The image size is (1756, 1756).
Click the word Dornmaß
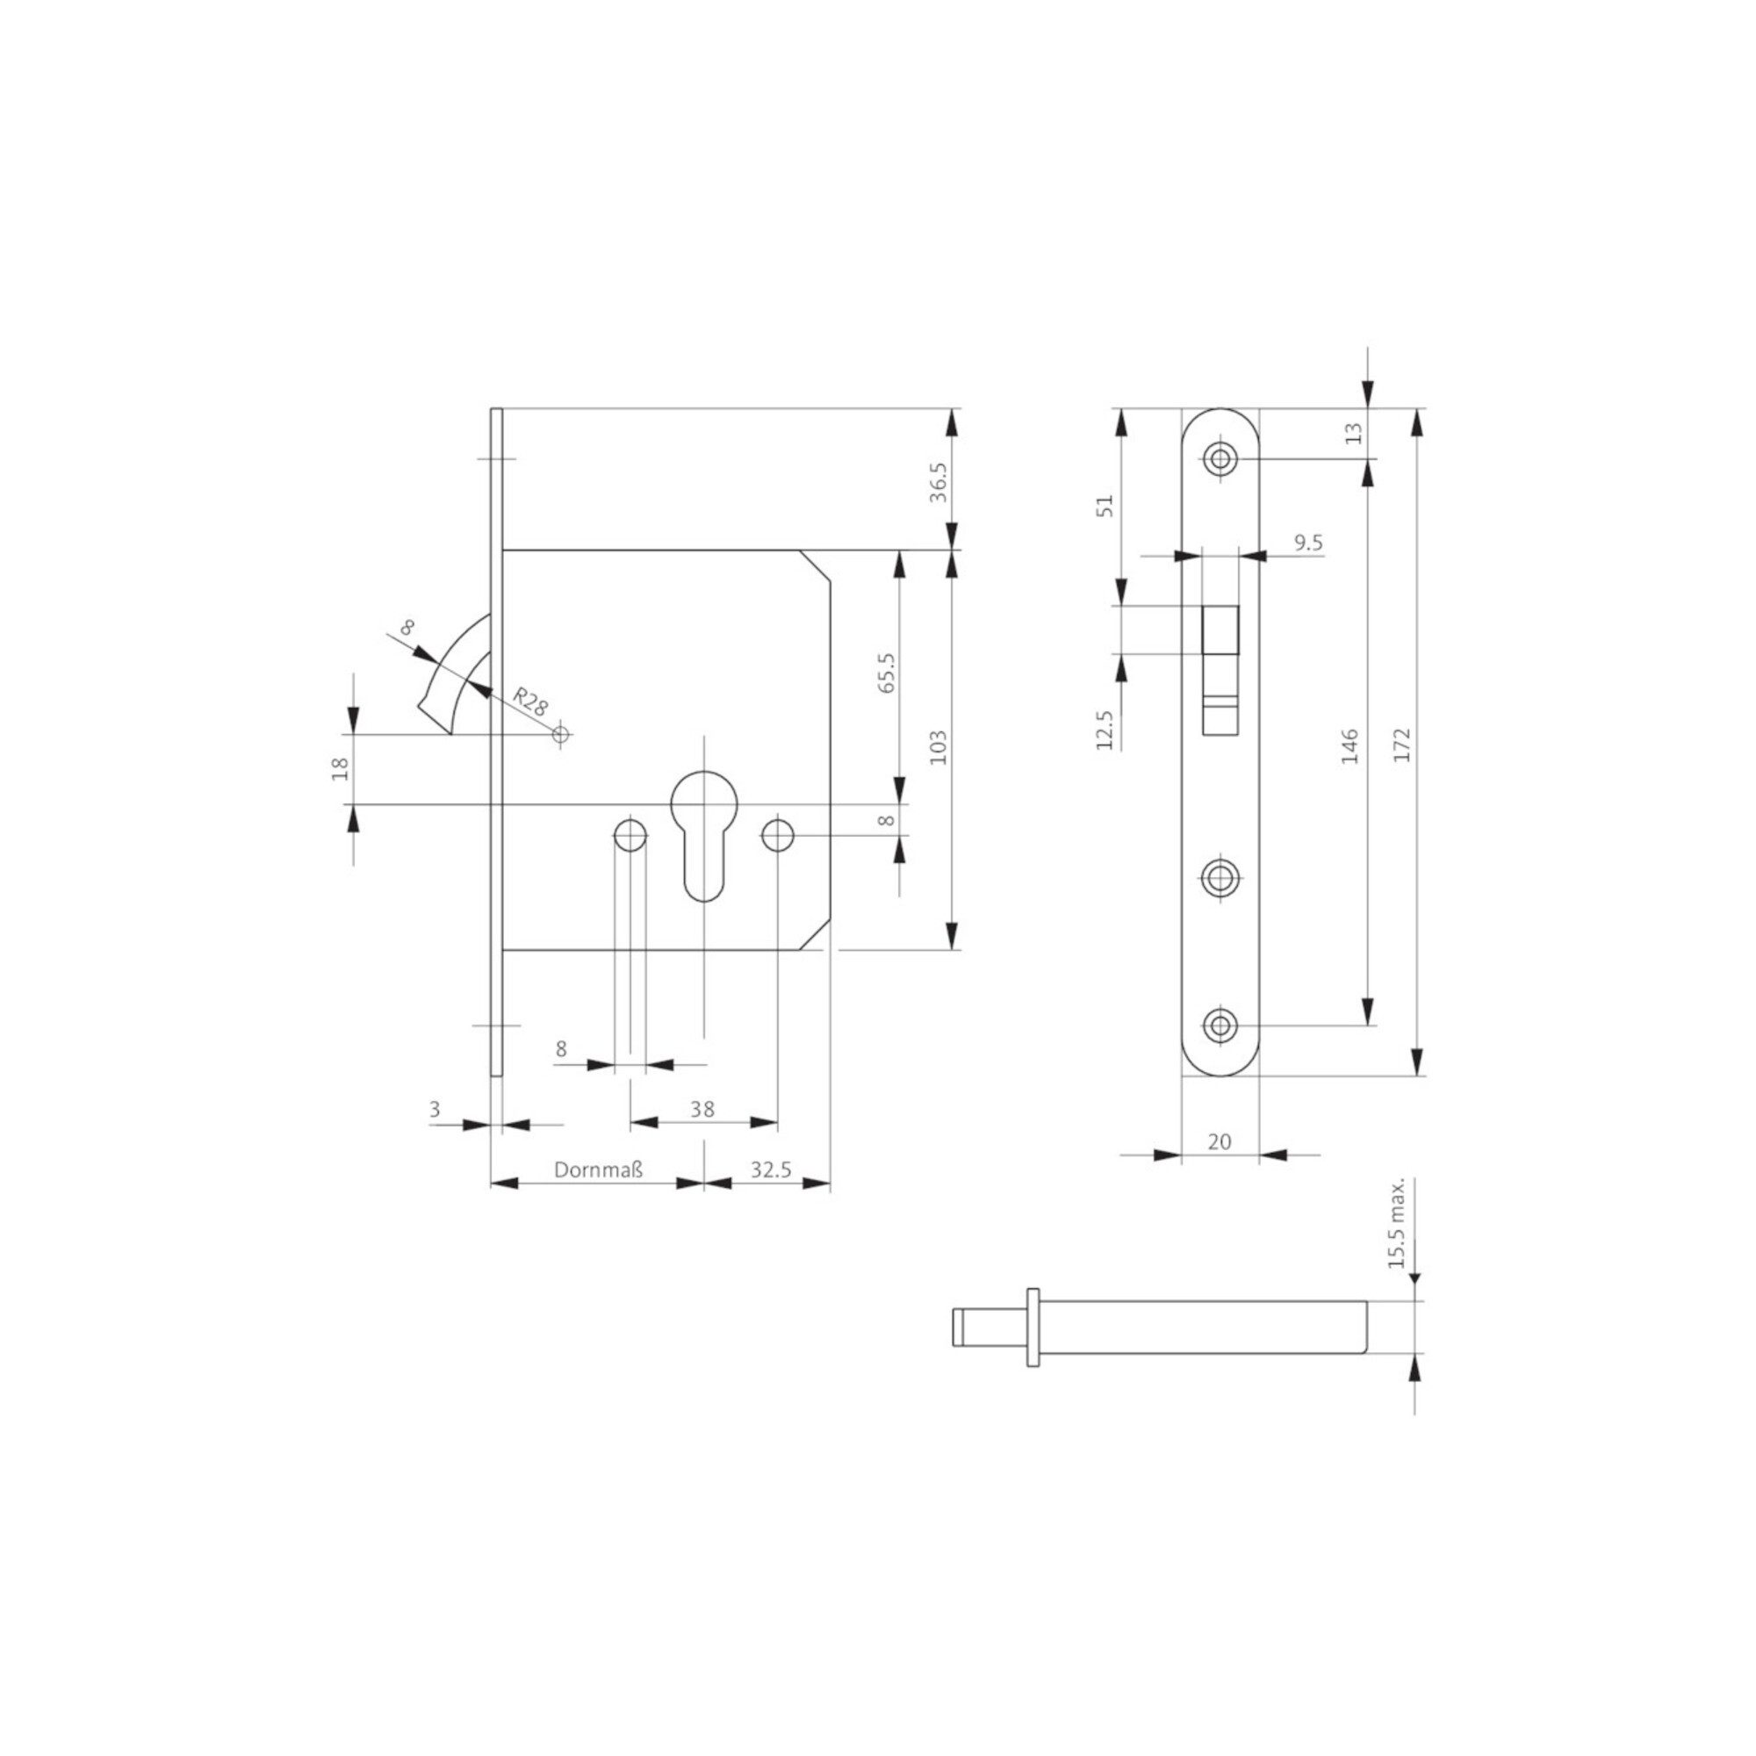tap(598, 1169)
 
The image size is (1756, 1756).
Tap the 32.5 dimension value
tap(771, 1169)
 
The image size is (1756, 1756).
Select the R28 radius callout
tap(531, 702)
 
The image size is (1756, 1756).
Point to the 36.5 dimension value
tap(939, 482)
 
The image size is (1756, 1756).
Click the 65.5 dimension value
tap(887, 673)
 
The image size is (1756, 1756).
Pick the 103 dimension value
tap(939, 747)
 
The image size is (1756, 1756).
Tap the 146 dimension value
tap(1349, 745)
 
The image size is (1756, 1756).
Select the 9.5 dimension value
tap(1308, 543)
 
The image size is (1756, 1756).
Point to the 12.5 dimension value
tap(1105, 730)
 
